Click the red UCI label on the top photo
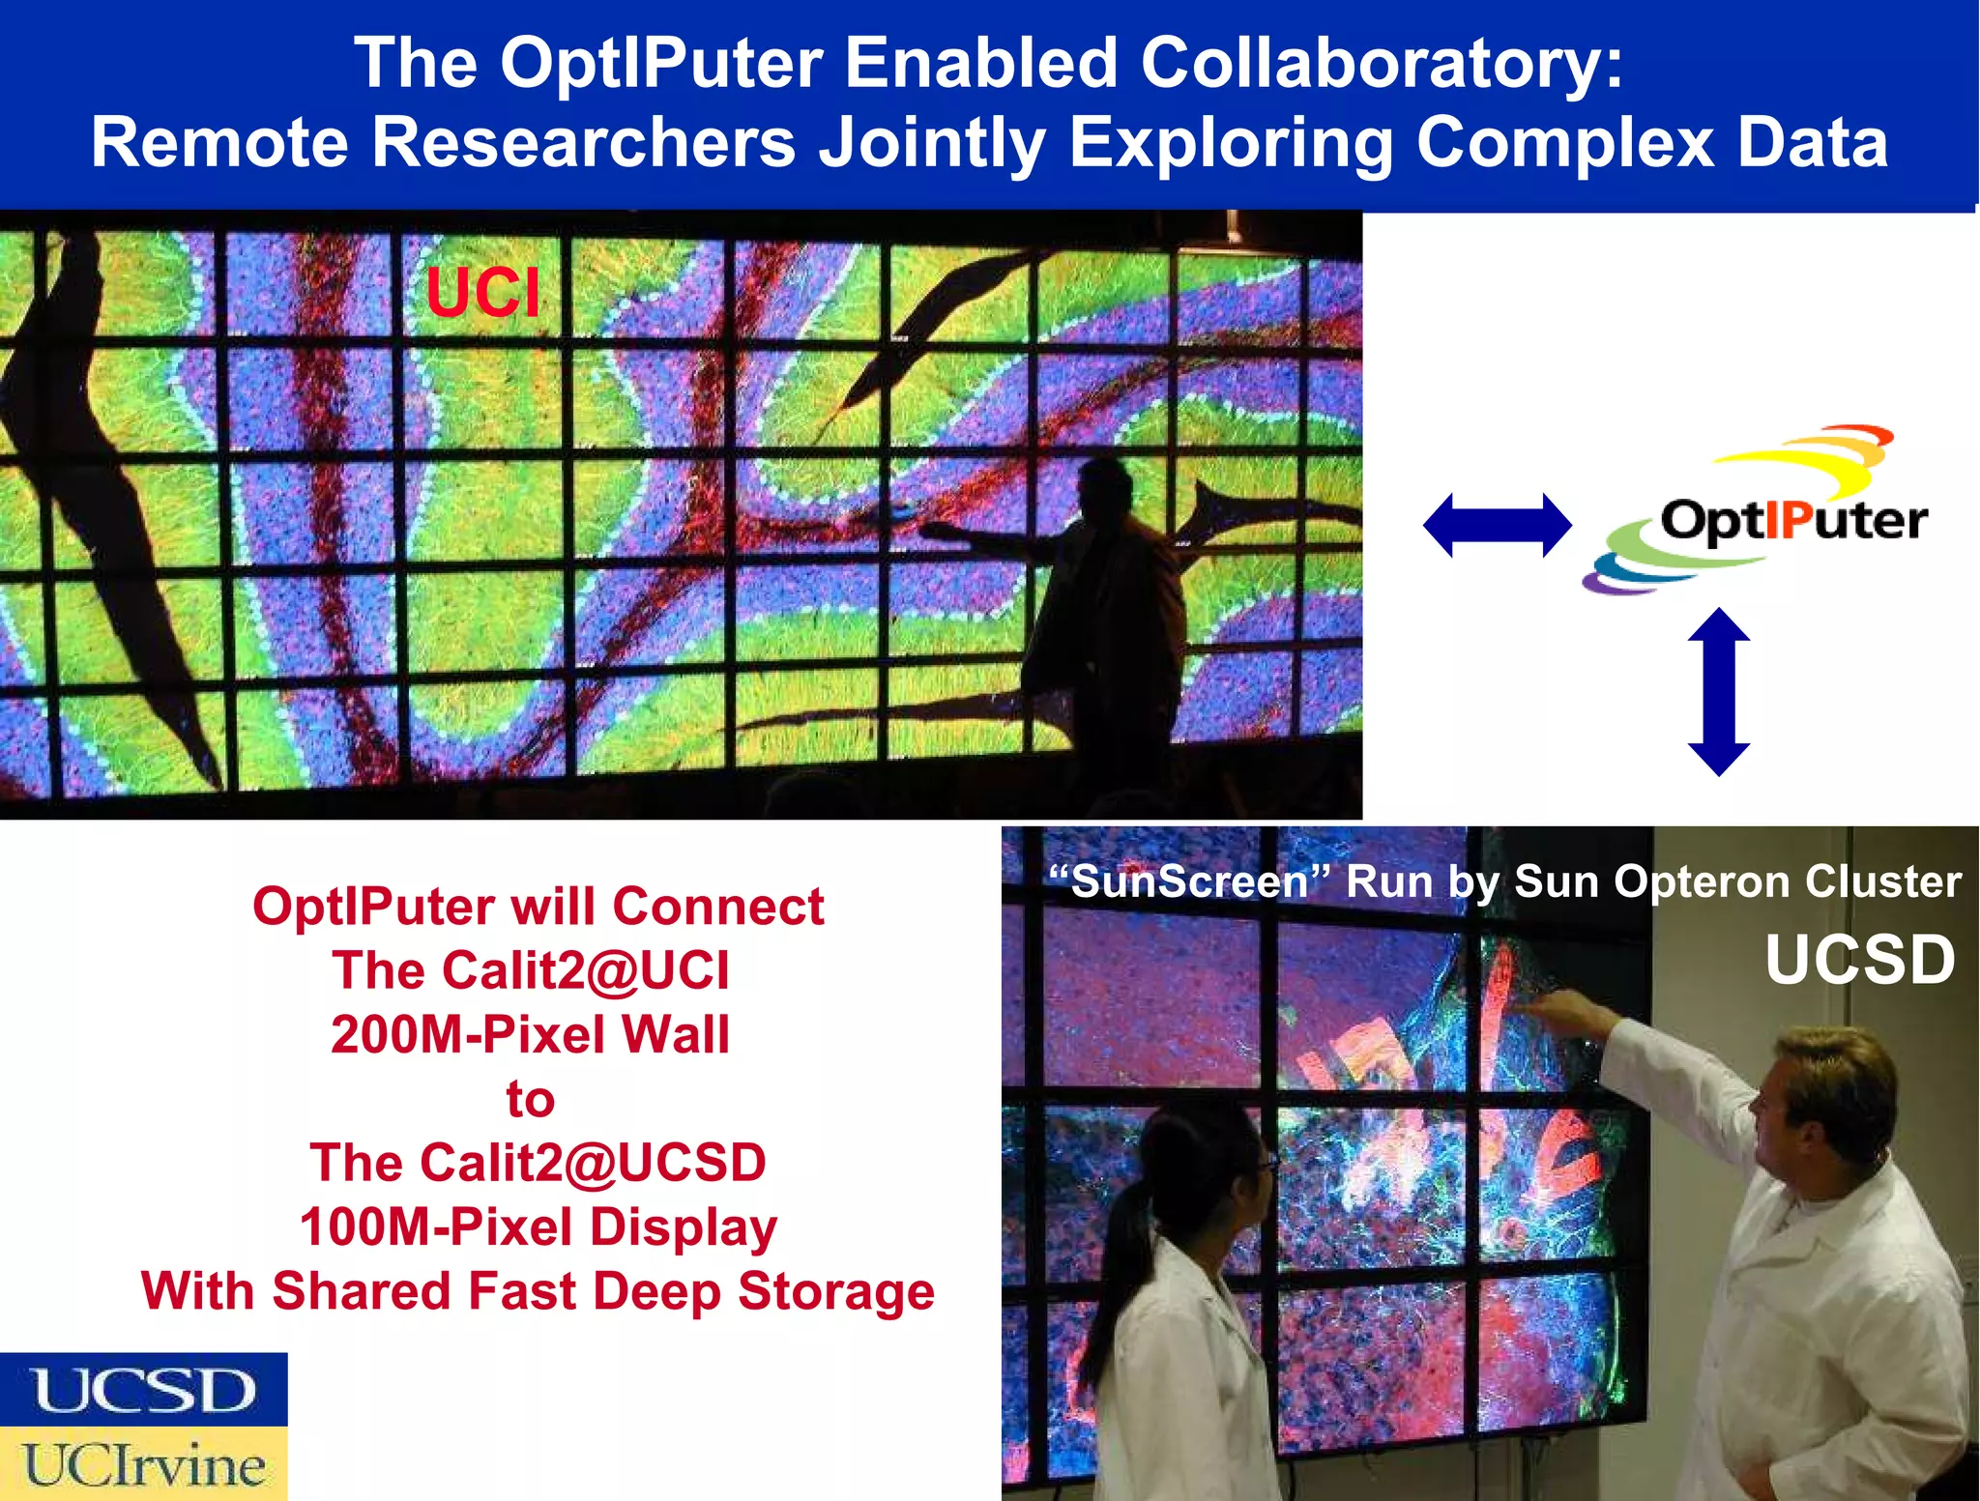(x=482, y=292)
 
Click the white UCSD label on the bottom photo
(x=1859, y=960)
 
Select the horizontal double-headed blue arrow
(x=1497, y=525)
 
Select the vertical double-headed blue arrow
(x=1718, y=691)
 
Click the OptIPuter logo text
(x=1793, y=521)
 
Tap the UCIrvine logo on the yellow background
(x=144, y=1464)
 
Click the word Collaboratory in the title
(x=1382, y=63)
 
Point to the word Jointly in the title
(x=932, y=143)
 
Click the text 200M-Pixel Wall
(x=530, y=1034)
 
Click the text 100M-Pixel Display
(x=539, y=1227)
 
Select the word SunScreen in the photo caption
(x=1189, y=881)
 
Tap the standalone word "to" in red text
(x=530, y=1099)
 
